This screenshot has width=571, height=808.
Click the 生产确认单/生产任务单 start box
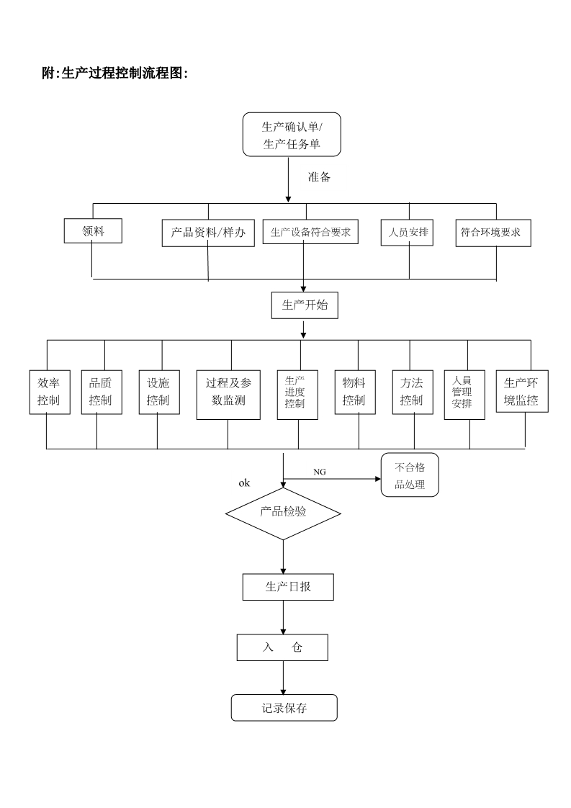click(x=292, y=135)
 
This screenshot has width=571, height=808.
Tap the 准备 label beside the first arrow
click(x=319, y=177)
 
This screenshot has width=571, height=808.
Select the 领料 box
click(x=93, y=230)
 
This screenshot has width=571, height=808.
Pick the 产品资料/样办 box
click(x=208, y=233)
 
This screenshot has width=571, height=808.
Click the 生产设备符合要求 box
click(x=310, y=232)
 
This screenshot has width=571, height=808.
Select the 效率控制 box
click(x=49, y=392)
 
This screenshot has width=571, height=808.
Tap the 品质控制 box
click(x=100, y=392)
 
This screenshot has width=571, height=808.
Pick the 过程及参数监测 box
click(x=228, y=395)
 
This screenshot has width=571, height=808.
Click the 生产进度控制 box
click(x=297, y=392)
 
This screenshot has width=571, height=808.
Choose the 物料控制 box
click(x=354, y=392)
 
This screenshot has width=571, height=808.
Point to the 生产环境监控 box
click(x=521, y=391)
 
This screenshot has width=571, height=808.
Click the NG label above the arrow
click(x=320, y=471)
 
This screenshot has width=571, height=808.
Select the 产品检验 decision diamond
click(x=283, y=513)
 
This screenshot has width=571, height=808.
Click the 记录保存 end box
click(x=284, y=708)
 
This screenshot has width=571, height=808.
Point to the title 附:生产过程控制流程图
click(x=115, y=73)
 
